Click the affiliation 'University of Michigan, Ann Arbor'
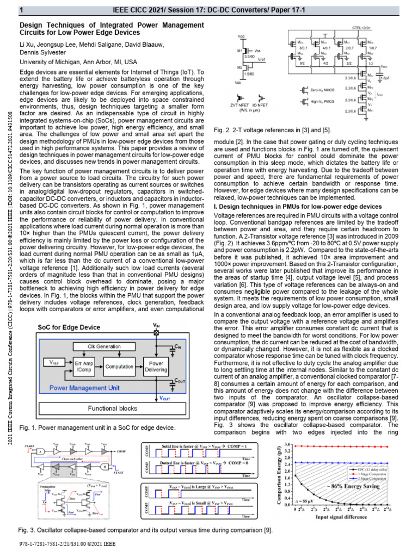click(x=78, y=63)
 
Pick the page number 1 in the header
click(x=21, y=10)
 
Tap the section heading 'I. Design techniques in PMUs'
click(x=298, y=207)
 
